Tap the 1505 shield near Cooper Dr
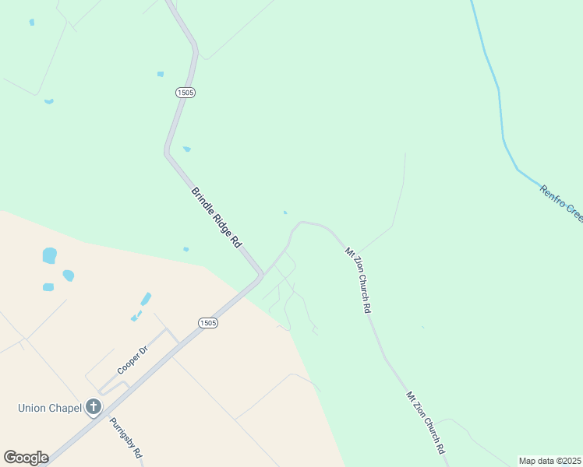207,323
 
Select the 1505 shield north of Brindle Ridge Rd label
185,92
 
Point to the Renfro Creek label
561,202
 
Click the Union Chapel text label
50,407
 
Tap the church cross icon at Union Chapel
94,406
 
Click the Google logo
26,458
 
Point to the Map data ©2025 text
550,461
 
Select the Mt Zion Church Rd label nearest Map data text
425,422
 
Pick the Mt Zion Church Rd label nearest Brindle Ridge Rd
358,279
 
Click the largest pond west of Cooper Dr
50,255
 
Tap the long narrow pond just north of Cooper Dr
146,299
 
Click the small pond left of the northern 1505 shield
161,74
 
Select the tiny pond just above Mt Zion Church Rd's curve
284,212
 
